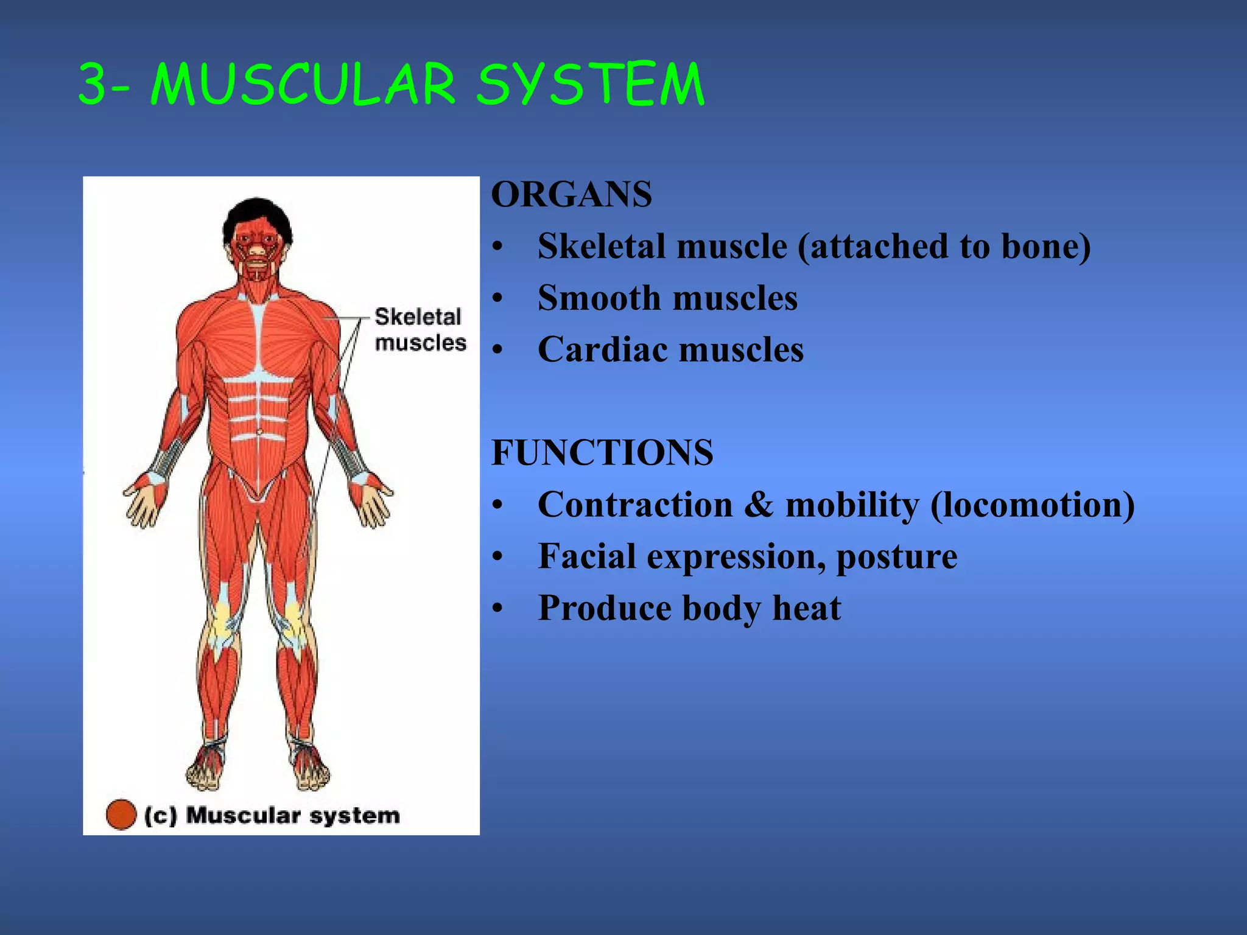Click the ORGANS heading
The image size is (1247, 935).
pos(571,195)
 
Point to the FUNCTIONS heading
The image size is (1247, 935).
pos(602,453)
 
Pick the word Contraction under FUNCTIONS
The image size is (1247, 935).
pos(635,505)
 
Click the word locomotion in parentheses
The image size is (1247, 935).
pos(1033,505)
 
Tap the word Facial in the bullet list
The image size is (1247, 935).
pos(587,557)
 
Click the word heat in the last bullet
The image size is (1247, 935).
pos(807,608)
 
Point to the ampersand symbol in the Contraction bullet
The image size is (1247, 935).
pos(759,505)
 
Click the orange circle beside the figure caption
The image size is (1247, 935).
pos(121,814)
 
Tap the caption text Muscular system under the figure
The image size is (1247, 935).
pos(293,815)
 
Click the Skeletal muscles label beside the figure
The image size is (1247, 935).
pos(420,329)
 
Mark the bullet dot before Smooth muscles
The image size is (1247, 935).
pos(498,299)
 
